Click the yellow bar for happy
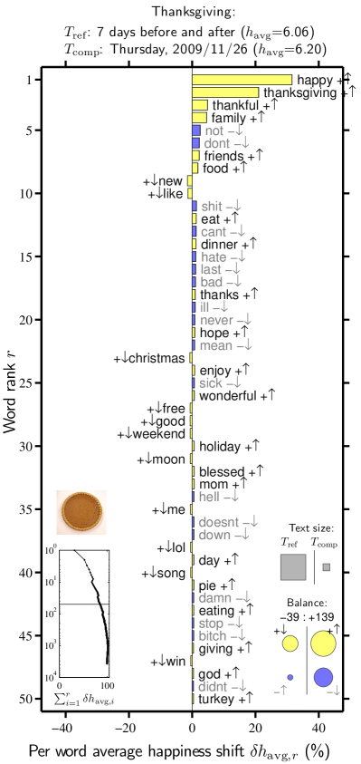242,80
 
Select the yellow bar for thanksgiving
225,92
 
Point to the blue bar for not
195,131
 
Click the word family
227,118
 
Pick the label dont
216,143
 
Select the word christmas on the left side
157,359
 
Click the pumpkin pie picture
81,512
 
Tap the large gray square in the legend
293,566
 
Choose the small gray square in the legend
326,567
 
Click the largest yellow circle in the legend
323,643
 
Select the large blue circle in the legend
323,677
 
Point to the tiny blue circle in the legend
290,677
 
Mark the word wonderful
227,396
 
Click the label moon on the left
168,460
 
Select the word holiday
219,447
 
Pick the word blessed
221,472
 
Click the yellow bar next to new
190,181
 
